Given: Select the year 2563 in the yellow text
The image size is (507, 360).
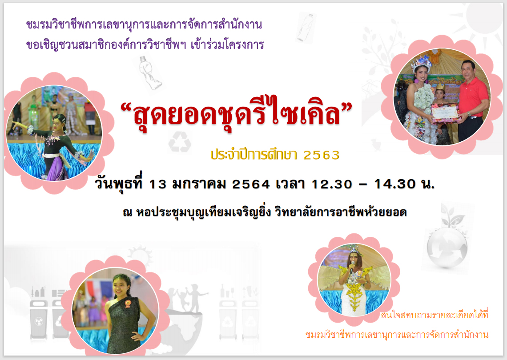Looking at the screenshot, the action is [x=322, y=155].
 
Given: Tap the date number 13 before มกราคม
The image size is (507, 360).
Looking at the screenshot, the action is [x=157, y=184].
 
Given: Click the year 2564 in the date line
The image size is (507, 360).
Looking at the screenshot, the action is [x=251, y=184].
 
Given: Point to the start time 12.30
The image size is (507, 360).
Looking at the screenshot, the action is [x=332, y=184].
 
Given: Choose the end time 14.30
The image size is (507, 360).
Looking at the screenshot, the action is [x=395, y=184].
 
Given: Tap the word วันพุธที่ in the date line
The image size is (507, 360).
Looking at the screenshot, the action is [x=118, y=183].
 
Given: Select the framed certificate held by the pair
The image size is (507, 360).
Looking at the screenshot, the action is [x=445, y=112].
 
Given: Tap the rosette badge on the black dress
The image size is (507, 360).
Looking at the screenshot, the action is [x=128, y=303].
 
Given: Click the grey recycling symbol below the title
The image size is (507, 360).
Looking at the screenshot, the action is [x=180, y=142].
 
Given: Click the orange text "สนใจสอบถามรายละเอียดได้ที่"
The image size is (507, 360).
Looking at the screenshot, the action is [x=434, y=314].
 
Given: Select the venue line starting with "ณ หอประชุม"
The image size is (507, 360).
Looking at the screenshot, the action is [x=265, y=212].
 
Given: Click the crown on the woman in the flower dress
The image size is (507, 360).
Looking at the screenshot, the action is [x=421, y=61].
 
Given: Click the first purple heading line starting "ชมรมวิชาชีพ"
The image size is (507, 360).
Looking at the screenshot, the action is [x=144, y=24].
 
